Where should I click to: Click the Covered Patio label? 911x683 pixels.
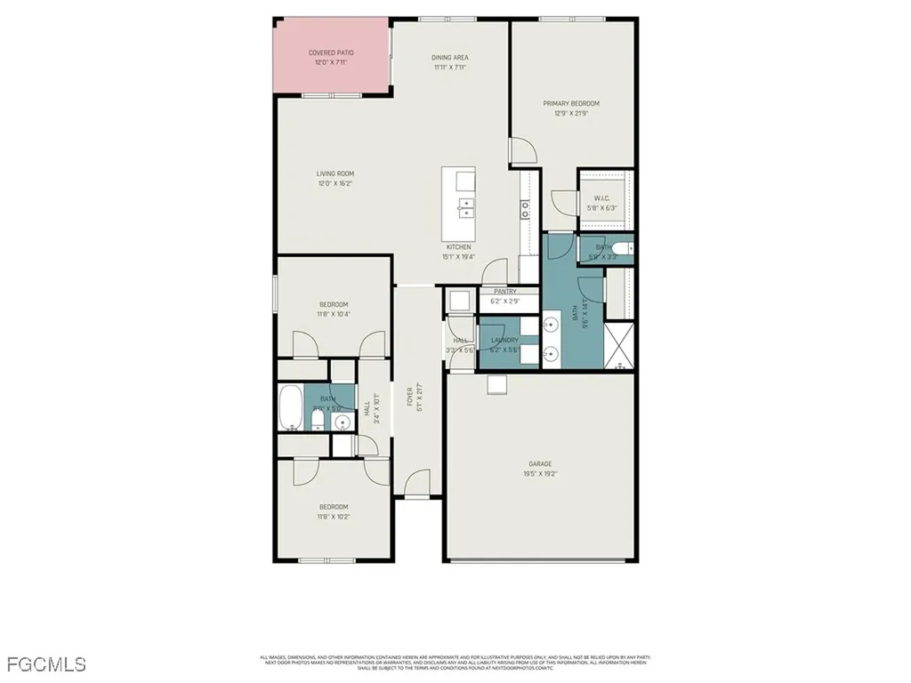[331, 53]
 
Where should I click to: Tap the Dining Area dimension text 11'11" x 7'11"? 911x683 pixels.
[450, 68]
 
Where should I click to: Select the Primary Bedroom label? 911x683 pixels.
[571, 103]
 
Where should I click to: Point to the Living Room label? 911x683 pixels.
[335, 173]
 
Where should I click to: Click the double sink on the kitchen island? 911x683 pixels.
[465, 208]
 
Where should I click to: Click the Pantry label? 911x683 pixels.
[505, 292]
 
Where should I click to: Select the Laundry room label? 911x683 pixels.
[504, 340]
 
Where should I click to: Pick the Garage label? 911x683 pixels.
[540, 463]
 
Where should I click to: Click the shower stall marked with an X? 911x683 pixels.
[619, 347]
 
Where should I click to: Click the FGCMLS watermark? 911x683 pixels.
[46, 664]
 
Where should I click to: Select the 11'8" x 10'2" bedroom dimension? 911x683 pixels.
[335, 517]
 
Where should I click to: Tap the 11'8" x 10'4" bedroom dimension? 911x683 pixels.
[335, 314]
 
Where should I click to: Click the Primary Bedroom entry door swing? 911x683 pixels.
[523, 151]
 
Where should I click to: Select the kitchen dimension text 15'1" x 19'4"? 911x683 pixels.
[459, 256]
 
